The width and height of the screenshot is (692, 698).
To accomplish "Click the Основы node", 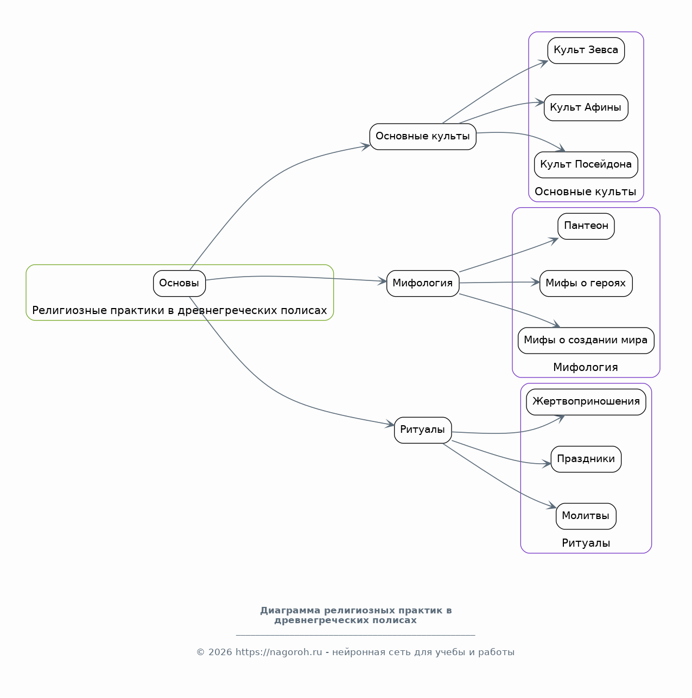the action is pyautogui.click(x=180, y=283).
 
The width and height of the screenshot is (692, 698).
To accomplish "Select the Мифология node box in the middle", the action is pyautogui.click(x=423, y=283).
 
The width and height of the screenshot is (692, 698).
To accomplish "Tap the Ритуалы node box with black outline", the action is pyautogui.click(x=423, y=430).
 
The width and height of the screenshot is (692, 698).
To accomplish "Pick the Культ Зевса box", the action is pyautogui.click(x=586, y=50).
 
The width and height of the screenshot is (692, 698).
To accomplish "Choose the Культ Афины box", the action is pyautogui.click(x=586, y=107).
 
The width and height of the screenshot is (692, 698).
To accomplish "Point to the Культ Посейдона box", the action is pyautogui.click(x=586, y=165).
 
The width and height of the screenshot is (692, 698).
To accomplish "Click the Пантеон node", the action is pyautogui.click(x=586, y=226).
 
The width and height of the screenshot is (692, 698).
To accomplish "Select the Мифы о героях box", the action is pyautogui.click(x=586, y=283).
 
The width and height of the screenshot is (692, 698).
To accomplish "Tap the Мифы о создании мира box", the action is pyautogui.click(x=586, y=341).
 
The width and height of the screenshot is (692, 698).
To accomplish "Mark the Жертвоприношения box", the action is pyautogui.click(x=586, y=402).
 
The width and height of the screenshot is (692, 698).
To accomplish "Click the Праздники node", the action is pyautogui.click(x=586, y=459).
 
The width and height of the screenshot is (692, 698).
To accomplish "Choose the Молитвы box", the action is pyautogui.click(x=586, y=516).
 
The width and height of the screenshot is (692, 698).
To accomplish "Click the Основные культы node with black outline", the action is pyautogui.click(x=423, y=137).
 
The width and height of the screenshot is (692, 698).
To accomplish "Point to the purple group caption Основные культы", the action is pyautogui.click(x=586, y=191).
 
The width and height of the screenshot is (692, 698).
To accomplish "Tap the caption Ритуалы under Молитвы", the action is pyautogui.click(x=586, y=543).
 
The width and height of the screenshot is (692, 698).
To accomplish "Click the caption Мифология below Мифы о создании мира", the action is pyautogui.click(x=586, y=367).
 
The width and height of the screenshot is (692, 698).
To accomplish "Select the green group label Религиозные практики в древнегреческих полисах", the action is pyautogui.click(x=180, y=310).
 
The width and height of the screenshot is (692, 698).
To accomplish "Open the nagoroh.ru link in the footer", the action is pyautogui.click(x=279, y=652).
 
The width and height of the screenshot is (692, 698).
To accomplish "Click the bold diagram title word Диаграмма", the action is pyautogui.click(x=290, y=610).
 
